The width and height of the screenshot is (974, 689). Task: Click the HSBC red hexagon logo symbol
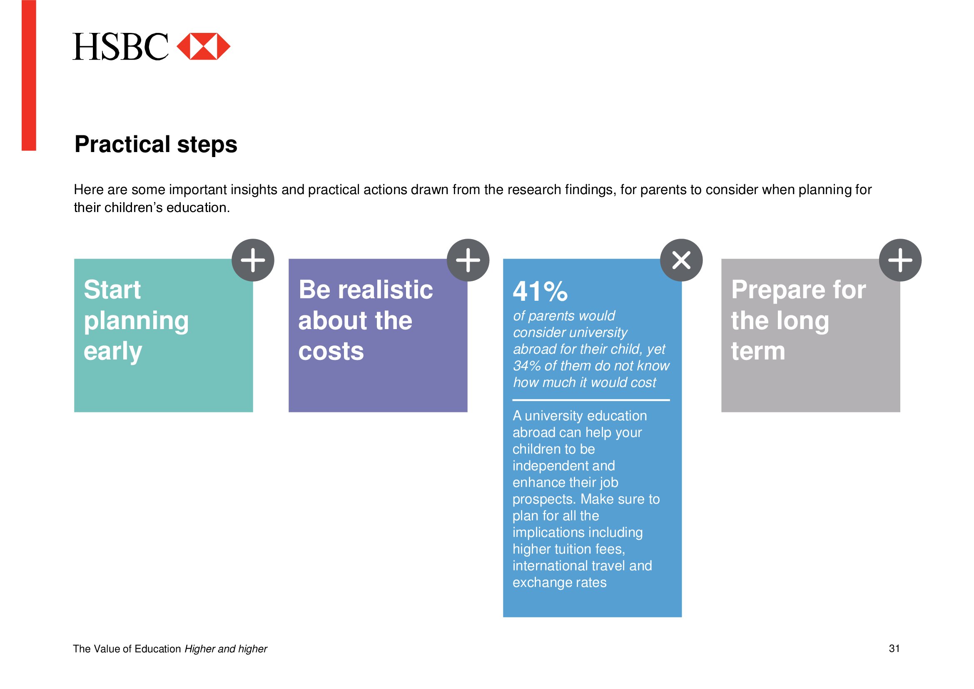203,46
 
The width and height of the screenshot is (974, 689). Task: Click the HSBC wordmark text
120,47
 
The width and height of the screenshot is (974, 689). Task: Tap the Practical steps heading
156,144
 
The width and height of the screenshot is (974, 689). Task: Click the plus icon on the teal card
253,260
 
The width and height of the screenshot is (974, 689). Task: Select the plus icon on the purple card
468,260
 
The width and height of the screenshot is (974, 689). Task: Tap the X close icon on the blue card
681,260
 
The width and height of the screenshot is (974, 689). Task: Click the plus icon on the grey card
900,260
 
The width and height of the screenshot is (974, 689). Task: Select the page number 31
894,649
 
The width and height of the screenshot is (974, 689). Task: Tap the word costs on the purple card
331,352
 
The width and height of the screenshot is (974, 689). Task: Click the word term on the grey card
758,351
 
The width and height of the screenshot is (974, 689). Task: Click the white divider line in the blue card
591,399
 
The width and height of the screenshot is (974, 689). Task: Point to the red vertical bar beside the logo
29,75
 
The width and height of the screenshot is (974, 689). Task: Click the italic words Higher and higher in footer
226,649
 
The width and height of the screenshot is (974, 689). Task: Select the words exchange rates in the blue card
560,583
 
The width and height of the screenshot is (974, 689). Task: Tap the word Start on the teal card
112,290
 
